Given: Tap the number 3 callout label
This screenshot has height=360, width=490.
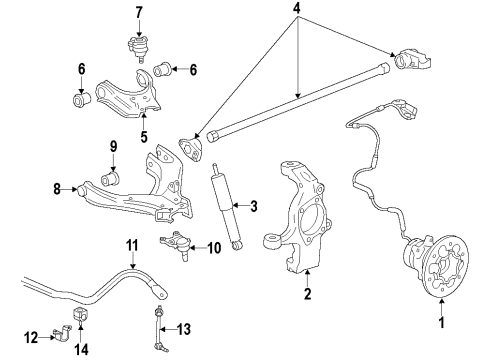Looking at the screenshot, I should point(253,207).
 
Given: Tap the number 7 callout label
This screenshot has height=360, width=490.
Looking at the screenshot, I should point(138,12).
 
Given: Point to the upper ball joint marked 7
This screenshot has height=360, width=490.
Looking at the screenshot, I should point(137,45).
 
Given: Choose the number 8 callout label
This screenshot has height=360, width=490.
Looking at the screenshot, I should point(56,186).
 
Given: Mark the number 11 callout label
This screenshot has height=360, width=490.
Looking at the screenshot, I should point(131,244).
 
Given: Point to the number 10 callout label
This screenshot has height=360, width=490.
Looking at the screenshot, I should point(212,247).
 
